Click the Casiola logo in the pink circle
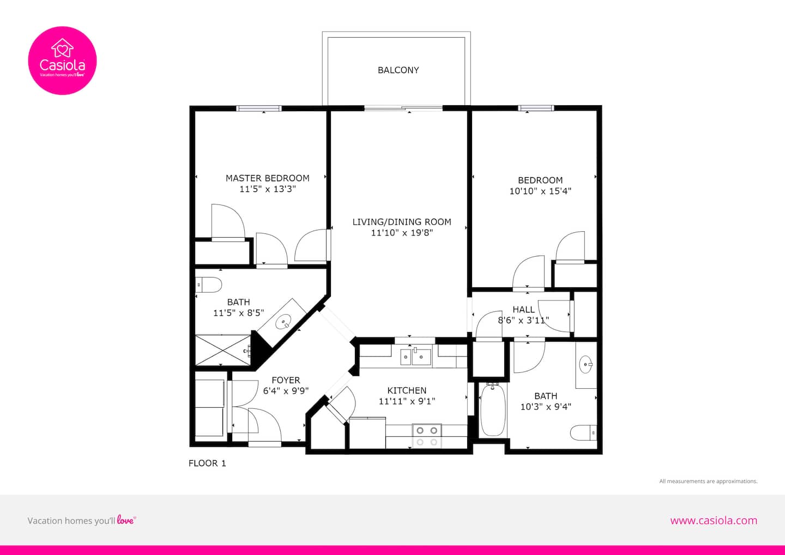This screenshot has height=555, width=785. tap(62, 61)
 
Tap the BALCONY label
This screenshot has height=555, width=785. tap(398, 70)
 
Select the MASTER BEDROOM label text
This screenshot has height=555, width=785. tap(267, 178)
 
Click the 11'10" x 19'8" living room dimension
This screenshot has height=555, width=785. tap(402, 233)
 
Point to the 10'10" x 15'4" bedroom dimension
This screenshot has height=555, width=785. tap(540, 191)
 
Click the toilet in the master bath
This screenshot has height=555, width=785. tap(208, 285)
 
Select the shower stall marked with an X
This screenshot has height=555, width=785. tap(223, 350)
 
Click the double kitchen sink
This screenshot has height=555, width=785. tap(416, 357)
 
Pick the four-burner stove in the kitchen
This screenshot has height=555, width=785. tap(427, 436)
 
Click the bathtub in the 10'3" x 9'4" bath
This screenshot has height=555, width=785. tap(493, 409)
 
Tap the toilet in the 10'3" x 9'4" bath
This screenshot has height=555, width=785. tap(583, 433)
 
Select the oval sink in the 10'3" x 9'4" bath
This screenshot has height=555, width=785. tap(586, 365)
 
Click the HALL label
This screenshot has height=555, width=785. tap(523, 309)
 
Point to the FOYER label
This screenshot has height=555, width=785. tap(286, 380)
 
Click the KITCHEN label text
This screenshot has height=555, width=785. tap(407, 390)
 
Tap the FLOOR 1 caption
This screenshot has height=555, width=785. tap(207, 463)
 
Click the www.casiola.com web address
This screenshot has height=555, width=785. tap(714, 520)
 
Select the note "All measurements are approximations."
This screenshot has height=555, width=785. tap(708, 481)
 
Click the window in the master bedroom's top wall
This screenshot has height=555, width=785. tap(259, 108)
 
